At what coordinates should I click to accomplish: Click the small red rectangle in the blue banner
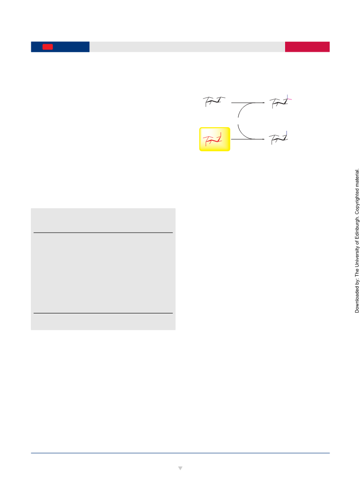[x=48, y=47]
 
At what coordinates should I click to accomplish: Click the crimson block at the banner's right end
[x=307, y=47]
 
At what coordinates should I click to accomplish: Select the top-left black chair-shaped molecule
[x=214, y=102]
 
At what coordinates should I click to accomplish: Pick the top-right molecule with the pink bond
[x=281, y=102]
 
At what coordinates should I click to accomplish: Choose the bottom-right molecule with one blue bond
[x=278, y=138]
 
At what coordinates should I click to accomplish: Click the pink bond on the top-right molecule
[x=290, y=99]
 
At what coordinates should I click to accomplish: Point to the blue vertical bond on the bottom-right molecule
[x=286, y=133]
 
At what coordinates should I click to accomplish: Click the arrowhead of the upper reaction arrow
[x=263, y=103]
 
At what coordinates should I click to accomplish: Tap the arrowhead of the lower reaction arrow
[x=263, y=139]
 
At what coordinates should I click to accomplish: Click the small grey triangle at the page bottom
[x=180, y=468]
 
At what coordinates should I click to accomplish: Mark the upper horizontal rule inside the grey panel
[x=103, y=233]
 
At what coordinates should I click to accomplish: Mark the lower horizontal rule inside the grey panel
[x=103, y=313]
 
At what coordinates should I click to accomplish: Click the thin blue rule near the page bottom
[x=180, y=453]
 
